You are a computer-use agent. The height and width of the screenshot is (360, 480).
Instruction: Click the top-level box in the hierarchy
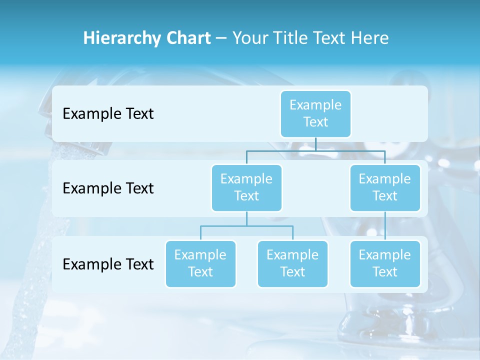(x=315, y=114)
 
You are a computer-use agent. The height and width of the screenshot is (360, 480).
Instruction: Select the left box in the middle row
(x=246, y=187)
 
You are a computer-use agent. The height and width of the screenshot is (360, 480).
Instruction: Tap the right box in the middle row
(x=385, y=187)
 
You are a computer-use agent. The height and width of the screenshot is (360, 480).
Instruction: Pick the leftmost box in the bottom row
(x=200, y=263)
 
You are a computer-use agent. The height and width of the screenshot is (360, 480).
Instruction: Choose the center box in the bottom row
(x=292, y=263)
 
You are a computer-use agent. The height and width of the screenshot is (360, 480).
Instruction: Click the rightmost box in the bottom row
(x=385, y=263)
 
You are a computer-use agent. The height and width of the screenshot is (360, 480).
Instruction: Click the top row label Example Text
(x=108, y=114)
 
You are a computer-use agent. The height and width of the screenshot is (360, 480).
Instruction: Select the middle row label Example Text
(x=108, y=188)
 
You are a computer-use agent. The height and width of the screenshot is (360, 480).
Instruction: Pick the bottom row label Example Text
(x=108, y=264)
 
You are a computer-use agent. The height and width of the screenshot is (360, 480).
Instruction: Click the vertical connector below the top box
(x=315, y=144)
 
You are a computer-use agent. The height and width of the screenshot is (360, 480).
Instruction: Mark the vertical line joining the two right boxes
(x=385, y=226)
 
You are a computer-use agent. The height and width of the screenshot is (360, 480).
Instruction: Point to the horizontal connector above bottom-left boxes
(x=246, y=226)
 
